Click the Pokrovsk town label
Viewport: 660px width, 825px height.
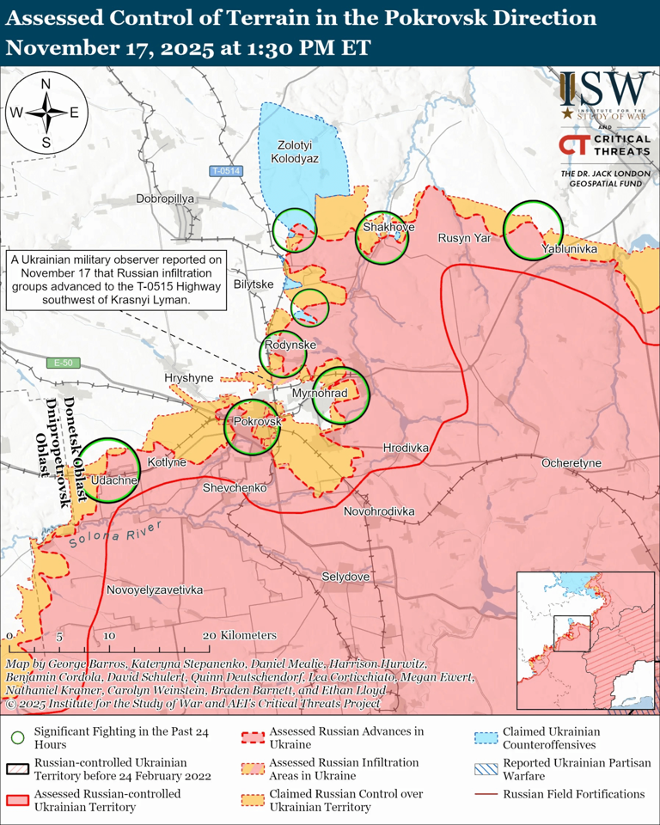click(257, 423)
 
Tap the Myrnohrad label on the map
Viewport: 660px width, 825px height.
click(318, 393)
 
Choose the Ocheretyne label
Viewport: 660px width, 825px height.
click(571, 463)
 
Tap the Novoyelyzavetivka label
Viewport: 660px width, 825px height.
click(155, 590)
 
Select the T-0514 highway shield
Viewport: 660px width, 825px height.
click(225, 171)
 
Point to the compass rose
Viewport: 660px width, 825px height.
click(46, 113)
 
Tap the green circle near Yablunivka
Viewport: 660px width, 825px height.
click(533, 229)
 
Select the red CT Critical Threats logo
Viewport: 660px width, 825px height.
click(574, 147)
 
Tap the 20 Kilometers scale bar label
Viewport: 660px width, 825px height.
click(242, 635)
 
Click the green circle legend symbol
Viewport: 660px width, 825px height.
click(17, 736)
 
